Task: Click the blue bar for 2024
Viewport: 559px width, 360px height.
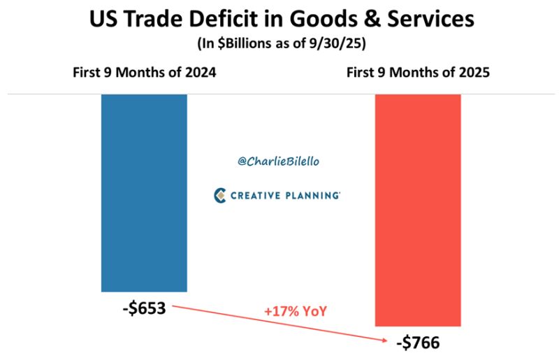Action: tap(144, 192)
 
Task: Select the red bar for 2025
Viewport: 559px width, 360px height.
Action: tap(418, 210)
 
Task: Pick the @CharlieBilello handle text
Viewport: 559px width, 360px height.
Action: tap(277, 161)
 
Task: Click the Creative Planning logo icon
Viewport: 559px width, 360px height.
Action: tap(219, 195)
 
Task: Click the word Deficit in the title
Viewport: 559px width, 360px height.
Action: tap(219, 20)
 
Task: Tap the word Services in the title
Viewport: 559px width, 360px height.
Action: tap(426, 20)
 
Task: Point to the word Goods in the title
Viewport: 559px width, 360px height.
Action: tap(314, 20)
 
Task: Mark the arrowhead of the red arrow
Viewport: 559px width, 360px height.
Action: tap(386, 340)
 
